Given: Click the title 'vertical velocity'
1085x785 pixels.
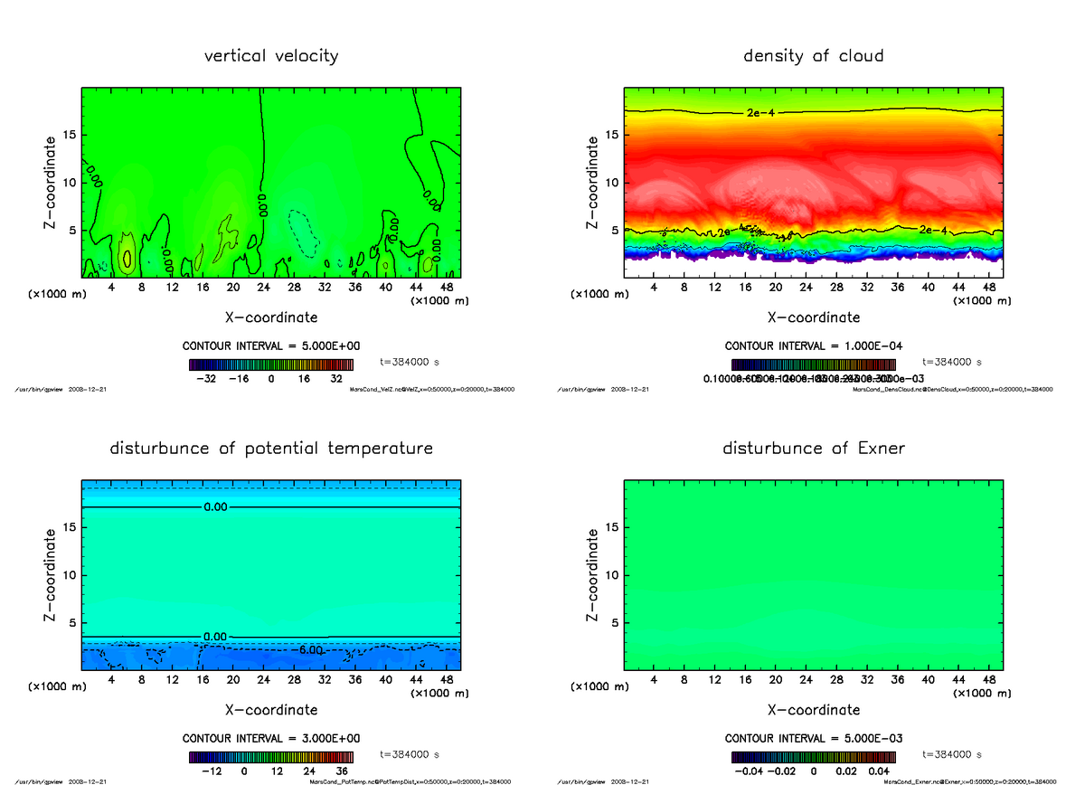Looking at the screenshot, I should [271, 56].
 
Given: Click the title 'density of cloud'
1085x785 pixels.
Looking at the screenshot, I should [813, 56].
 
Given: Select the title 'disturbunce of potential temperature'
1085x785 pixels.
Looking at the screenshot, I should [271, 449].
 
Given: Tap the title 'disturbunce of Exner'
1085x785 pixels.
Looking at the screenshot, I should [814, 449].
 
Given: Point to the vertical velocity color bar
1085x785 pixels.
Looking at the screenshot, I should [270, 364].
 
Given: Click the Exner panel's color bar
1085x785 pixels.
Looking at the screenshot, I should [813, 757].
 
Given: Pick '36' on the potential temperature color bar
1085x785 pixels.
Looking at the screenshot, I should [335, 771].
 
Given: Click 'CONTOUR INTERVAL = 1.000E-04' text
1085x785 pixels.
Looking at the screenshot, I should [813, 346].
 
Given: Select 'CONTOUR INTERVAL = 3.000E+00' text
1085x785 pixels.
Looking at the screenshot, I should [270, 738].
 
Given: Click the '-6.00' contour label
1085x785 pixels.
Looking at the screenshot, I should [310, 650].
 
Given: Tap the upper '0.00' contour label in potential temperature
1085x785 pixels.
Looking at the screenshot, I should [215, 507].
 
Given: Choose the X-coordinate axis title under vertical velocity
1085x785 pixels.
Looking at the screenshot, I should [271, 317].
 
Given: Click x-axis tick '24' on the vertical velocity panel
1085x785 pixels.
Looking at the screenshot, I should [263, 288].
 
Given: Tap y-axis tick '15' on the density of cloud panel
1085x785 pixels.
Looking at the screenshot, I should [612, 136].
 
